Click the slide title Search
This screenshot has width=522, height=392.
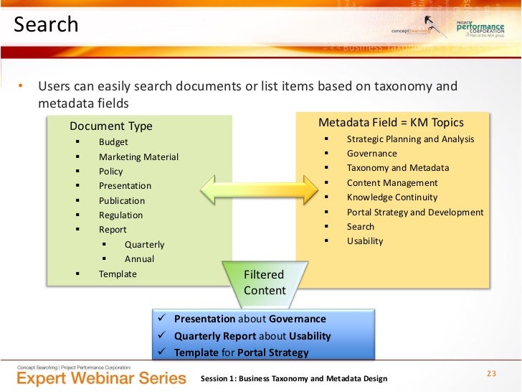(x=46, y=24)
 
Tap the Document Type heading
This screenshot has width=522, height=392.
(x=111, y=126)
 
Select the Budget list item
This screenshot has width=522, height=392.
(x=113, y=142)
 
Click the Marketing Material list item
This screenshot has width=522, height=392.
(x=138, y=157)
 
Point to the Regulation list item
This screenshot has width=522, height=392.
(x=120, y=215)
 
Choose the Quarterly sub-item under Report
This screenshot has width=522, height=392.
(x=144, y=244)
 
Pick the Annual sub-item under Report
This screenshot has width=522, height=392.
(x=139, y=258)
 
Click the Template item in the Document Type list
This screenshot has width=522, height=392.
(x=118, y=274)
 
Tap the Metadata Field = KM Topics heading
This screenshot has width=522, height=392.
(x=391, y=122)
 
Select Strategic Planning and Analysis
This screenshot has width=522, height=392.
(x=410, y=139)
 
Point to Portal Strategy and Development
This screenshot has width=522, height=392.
(x=415, y=212)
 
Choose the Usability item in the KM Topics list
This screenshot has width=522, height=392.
(x=365, y=241)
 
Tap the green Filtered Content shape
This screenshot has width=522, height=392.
(x=265, y=281)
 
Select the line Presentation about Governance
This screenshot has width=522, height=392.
(x=250, y=319)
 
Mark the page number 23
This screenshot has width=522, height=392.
(x=491, y=373)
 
